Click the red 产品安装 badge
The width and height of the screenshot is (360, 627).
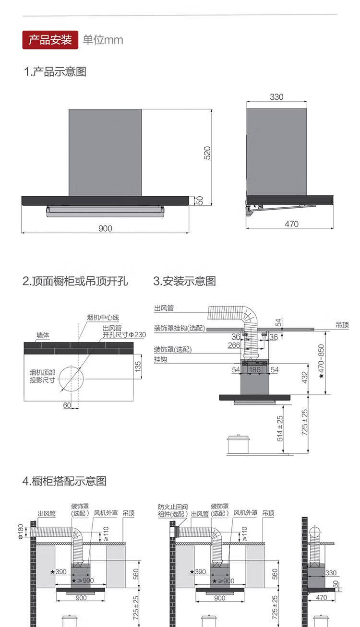[50, 39]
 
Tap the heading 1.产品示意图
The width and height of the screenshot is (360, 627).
[55, 72]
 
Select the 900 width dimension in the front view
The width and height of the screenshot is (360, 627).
[105, 228]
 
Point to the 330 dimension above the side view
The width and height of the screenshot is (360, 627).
[276, 97]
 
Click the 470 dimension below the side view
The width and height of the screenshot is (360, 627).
[291, 224]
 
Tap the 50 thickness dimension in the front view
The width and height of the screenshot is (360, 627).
[201, 200]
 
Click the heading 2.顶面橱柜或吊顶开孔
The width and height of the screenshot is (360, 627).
[75, 281]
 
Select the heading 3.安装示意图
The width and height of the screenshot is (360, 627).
[185, 281]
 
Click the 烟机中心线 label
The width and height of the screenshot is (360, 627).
[103, 317]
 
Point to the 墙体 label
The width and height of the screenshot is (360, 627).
[43, 335]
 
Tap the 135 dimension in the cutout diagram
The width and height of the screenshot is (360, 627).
[138, 367]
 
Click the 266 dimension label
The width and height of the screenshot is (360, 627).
[234, 345]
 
